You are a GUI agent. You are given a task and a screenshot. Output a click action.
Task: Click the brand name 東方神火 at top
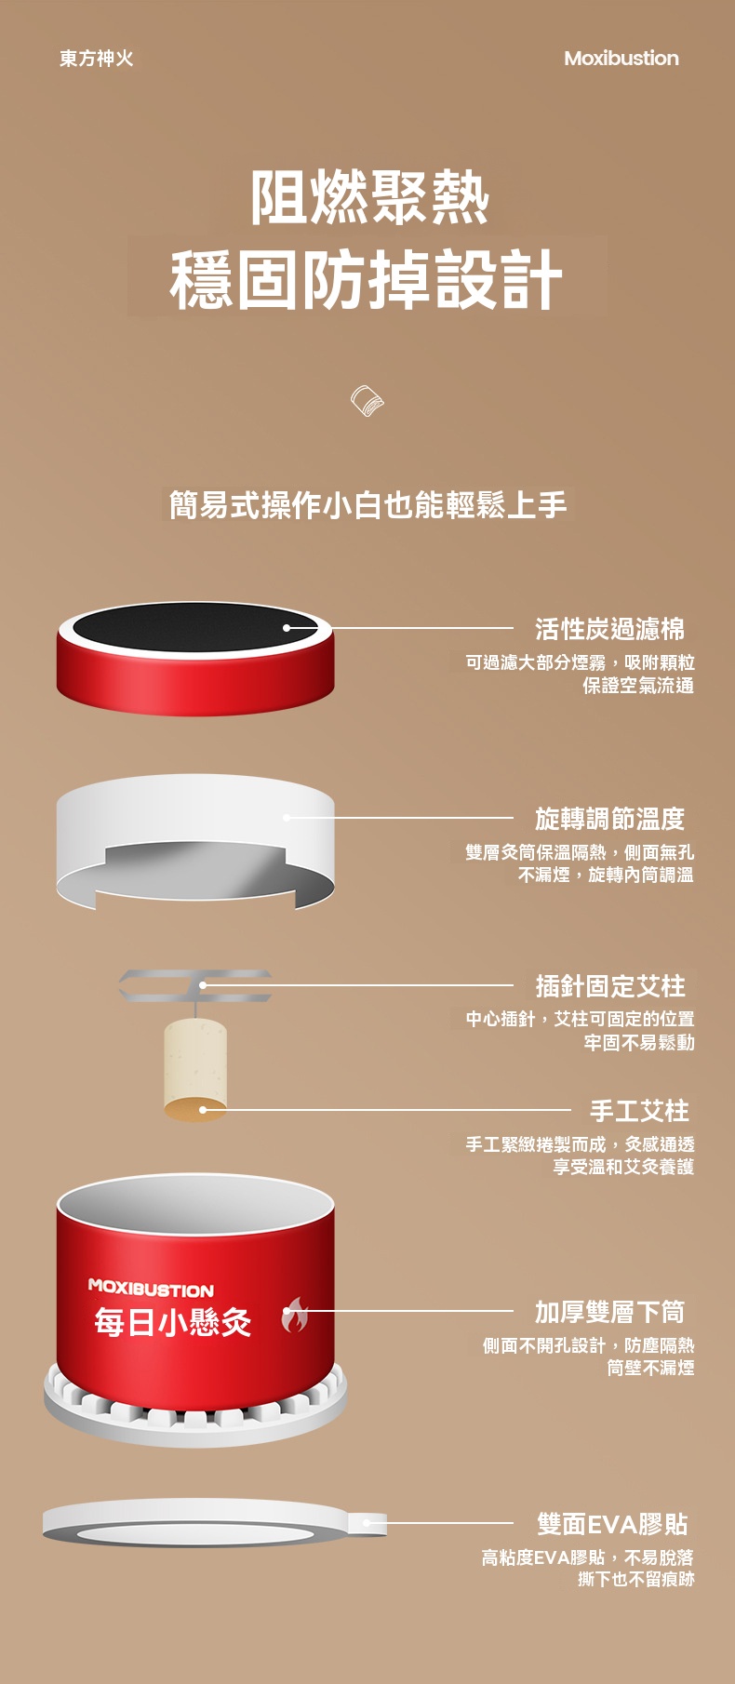97,59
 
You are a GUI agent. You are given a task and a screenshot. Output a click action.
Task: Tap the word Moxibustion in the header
621,59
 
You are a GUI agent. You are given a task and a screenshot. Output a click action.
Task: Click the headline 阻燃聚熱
369,197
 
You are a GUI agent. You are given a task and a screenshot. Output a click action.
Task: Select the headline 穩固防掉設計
367,279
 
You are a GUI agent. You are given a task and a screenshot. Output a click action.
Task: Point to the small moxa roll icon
367,401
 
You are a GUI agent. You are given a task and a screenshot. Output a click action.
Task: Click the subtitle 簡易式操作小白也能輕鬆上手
367,505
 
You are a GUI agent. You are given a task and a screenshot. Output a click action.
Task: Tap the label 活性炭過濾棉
609,630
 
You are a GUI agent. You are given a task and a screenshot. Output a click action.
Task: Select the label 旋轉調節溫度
609,820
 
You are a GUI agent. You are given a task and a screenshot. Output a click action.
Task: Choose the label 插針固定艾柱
609,986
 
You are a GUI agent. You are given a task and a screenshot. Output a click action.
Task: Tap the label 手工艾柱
639,1111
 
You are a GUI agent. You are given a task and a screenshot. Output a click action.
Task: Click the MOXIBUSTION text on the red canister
151,1289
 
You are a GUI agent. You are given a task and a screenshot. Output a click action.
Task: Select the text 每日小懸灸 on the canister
173,1322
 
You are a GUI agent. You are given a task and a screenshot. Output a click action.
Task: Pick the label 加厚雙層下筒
609,1313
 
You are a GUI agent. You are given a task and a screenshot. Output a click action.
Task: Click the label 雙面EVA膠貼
612,1525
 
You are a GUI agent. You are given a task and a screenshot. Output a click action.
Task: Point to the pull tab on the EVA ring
367,1523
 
